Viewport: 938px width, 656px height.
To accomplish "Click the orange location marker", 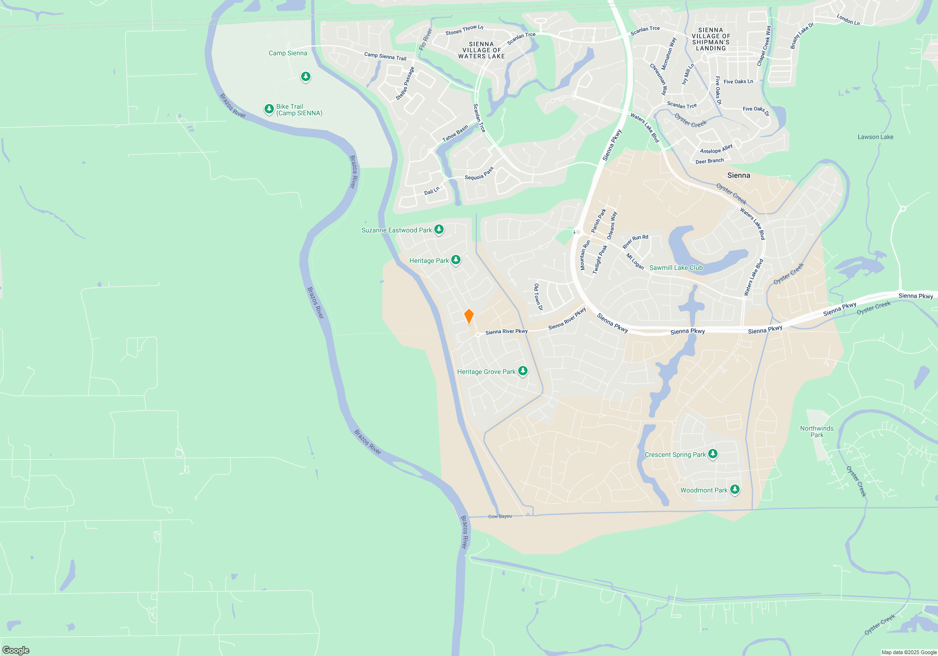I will tap(469, 316).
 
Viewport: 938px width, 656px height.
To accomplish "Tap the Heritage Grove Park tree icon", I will tap(522, 371).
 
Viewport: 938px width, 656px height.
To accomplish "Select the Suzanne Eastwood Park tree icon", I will tap(439, 230).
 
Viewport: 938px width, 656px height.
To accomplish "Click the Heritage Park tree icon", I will tap(455, 260).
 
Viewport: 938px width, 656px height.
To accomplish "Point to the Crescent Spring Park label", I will tap(675, 455).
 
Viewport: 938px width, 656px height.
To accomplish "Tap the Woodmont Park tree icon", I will tap(735, 490).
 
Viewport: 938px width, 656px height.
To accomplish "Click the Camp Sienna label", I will tap(287, 53).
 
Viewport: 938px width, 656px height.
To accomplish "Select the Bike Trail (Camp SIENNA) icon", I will tap(269, 109).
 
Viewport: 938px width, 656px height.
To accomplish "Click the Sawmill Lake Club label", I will tap(676, 268).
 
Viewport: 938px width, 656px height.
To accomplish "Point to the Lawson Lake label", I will tap(875, 137).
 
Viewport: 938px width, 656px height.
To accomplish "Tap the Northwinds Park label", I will tap(817, 432).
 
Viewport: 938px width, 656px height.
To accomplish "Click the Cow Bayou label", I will tap(500, 516).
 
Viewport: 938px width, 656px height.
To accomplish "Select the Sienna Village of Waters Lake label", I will tap(481, 50).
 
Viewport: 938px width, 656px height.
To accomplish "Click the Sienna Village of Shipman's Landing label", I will tap(711, 39).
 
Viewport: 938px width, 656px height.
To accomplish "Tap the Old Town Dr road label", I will tap(538, 297).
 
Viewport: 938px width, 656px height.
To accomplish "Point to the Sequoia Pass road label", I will tap(479, 174).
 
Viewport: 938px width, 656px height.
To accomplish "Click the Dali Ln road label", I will tap(431, 191).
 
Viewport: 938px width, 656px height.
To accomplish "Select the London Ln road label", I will tap(848, 20).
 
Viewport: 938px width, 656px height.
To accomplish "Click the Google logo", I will tap(16, 650).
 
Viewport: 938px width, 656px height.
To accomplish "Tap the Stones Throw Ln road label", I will tap(464, 30).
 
